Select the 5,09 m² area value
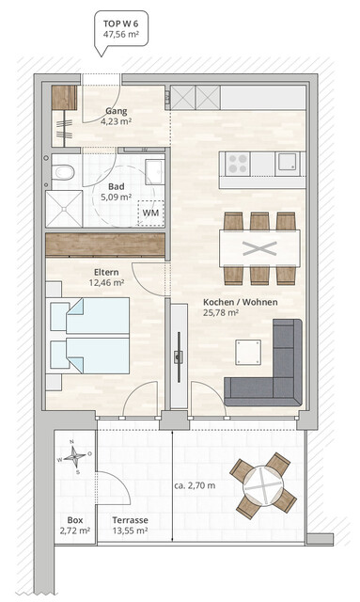117,198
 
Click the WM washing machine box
149,213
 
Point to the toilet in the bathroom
62,172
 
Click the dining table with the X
260,248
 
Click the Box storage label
74,519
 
